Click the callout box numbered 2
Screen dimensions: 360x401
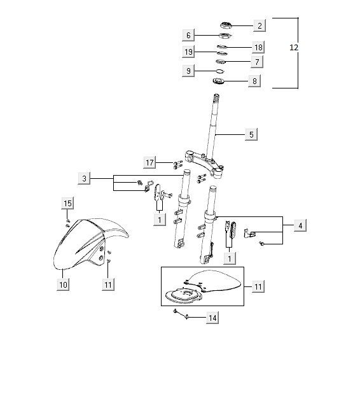(260, 25)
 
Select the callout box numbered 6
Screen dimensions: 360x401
(188, 35)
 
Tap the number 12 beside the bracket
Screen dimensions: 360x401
(294, 47)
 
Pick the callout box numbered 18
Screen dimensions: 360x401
(258, 47)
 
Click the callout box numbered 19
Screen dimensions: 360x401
(188, 52)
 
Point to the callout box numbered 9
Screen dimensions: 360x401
(188, 71)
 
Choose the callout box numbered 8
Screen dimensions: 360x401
(254, 81)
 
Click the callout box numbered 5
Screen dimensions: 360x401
(251, 134)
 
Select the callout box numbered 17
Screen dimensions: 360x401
(149, 162)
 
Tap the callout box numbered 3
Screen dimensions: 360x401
(84, 178)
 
